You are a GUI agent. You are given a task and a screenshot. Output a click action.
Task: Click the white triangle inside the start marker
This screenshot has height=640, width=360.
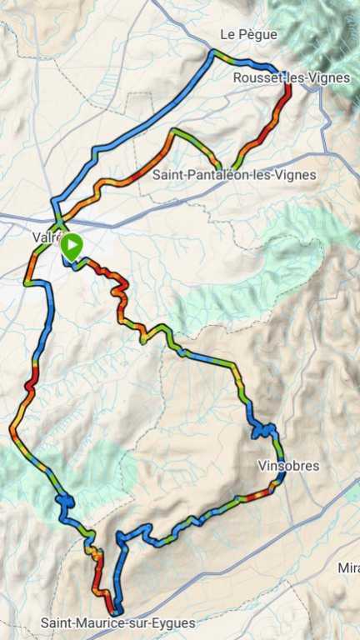coord(73,246)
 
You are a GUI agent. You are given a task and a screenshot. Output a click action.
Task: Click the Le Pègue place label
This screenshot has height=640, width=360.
coord(248,34)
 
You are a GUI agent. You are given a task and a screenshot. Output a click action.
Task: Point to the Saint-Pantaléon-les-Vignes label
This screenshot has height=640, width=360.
coord(234,175)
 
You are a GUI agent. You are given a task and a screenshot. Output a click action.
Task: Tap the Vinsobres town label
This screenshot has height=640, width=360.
coord(288,466)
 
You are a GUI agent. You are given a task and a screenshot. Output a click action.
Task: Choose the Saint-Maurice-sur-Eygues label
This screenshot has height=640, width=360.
coord(117,622)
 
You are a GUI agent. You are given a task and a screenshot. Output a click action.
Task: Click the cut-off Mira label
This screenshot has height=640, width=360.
coord(348,568)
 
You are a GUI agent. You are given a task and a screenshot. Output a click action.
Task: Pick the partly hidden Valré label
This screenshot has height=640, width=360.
coord(45,237)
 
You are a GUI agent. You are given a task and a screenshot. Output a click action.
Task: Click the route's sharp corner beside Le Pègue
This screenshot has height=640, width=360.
coord(213,53)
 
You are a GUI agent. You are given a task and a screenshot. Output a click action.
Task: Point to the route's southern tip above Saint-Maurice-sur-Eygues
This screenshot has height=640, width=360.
coord(117,609)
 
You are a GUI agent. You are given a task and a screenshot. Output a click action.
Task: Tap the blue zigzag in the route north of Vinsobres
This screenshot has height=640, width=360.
coord(263,431)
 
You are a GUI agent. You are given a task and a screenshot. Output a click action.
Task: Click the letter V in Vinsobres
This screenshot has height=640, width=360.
coord(262,466)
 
